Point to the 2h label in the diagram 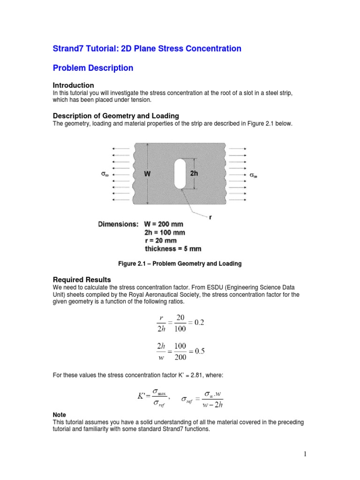click(195, 173)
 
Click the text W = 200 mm click(164, 224)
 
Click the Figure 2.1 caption click(180, 264)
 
